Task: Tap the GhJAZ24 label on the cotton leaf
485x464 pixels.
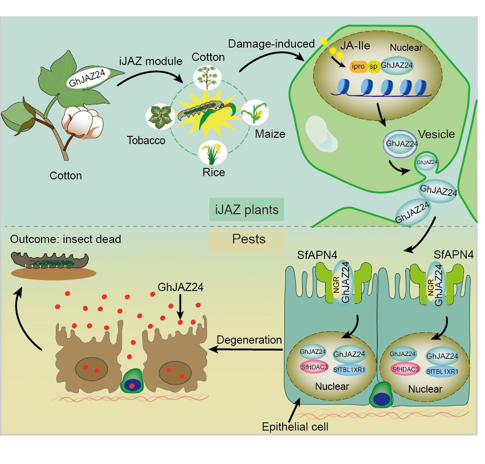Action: (90, 79)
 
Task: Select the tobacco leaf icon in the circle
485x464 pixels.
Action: (158, 117)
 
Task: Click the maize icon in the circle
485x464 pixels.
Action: (255, 113)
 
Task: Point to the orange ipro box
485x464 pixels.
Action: (359, 66)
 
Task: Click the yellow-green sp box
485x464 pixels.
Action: (374, 66)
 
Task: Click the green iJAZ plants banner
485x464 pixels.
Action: (246, 210)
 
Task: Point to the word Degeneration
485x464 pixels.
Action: (249, 340)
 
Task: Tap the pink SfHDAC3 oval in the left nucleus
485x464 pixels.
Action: (313, 366)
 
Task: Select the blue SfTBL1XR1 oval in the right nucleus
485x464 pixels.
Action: (442, 371)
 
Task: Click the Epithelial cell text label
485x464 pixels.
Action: (295, 427)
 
